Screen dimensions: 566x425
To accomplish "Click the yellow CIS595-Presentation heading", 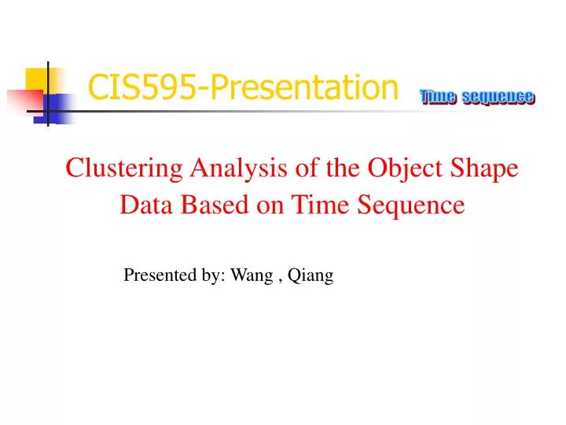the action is coord(243,87).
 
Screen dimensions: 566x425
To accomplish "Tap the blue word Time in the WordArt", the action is coord(438,97).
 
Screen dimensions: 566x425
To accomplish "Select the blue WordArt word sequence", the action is coord(498,98).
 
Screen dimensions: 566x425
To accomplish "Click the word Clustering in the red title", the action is coord(124,168).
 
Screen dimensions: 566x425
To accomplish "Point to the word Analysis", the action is coord(239,168).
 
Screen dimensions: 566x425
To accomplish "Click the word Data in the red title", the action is coord(146,205).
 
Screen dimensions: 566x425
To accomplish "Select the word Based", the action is coord(215,205).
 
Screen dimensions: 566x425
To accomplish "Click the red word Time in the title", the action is coord(320,205).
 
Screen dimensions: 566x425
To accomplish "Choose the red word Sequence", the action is coord(411,205).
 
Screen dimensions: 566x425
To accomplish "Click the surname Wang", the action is coord(252,275).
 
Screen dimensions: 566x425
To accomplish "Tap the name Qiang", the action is coord(311,275).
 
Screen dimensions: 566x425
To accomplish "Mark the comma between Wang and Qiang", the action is coord(280,281).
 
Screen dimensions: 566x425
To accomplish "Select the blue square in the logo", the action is coord(55,109).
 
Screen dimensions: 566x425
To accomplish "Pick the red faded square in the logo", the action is coord(25,102).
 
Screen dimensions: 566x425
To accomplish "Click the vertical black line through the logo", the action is coord(48,94).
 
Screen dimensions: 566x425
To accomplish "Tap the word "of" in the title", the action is coord(307,168).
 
